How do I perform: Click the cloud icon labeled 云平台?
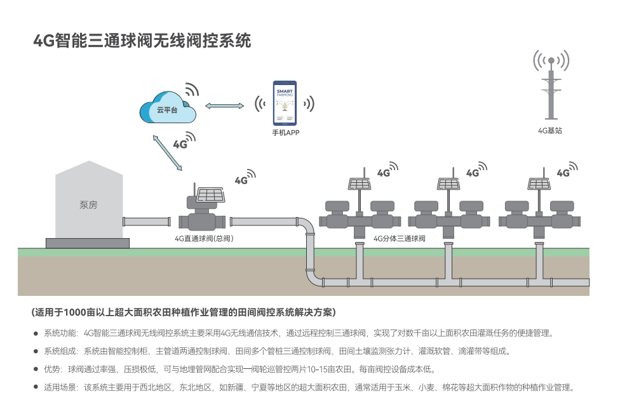click(x=168, y=107)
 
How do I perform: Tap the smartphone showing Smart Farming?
click(x=285, y=103)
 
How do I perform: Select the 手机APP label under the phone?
click(x=285, y=133)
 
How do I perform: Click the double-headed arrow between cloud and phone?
click(x=225, y=105)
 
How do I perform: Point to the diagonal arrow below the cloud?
click(x=168, y=153)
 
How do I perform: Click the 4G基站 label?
click(x=550, y=131)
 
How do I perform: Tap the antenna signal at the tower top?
click(x=551, y=60)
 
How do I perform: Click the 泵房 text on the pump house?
click(x=88, y=204)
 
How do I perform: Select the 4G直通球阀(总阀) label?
click(x=204, y=239)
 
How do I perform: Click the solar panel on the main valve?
click(x=211, y=195)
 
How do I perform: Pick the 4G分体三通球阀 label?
click(x=400, y=239)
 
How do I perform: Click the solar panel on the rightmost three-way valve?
click(x=539, y=183)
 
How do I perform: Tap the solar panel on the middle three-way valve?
click(x=448, y=183)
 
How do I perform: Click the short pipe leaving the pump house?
click(x=147, y=222)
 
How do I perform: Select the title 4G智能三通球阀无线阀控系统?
click(x=142, y=41)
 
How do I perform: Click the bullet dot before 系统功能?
click(x=36, y=333)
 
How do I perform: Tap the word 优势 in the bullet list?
click(x=52, y=370)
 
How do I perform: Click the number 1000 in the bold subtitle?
click(x=75, y=312)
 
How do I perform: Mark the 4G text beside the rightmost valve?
click(x=563, y=173)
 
